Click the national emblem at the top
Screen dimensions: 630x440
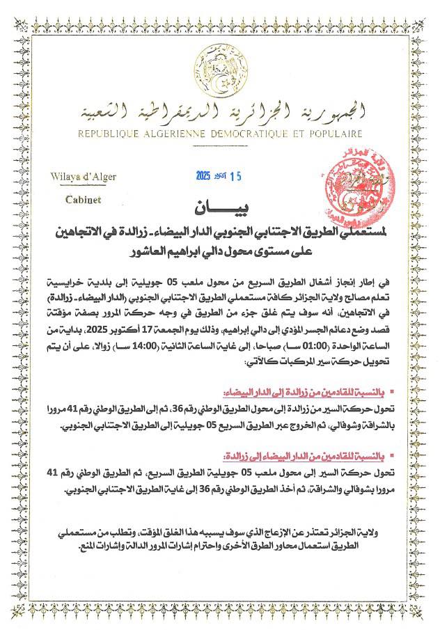[219, 70]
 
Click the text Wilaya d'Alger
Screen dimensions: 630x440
[83, 176]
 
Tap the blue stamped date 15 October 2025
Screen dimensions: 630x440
[219, 176]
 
